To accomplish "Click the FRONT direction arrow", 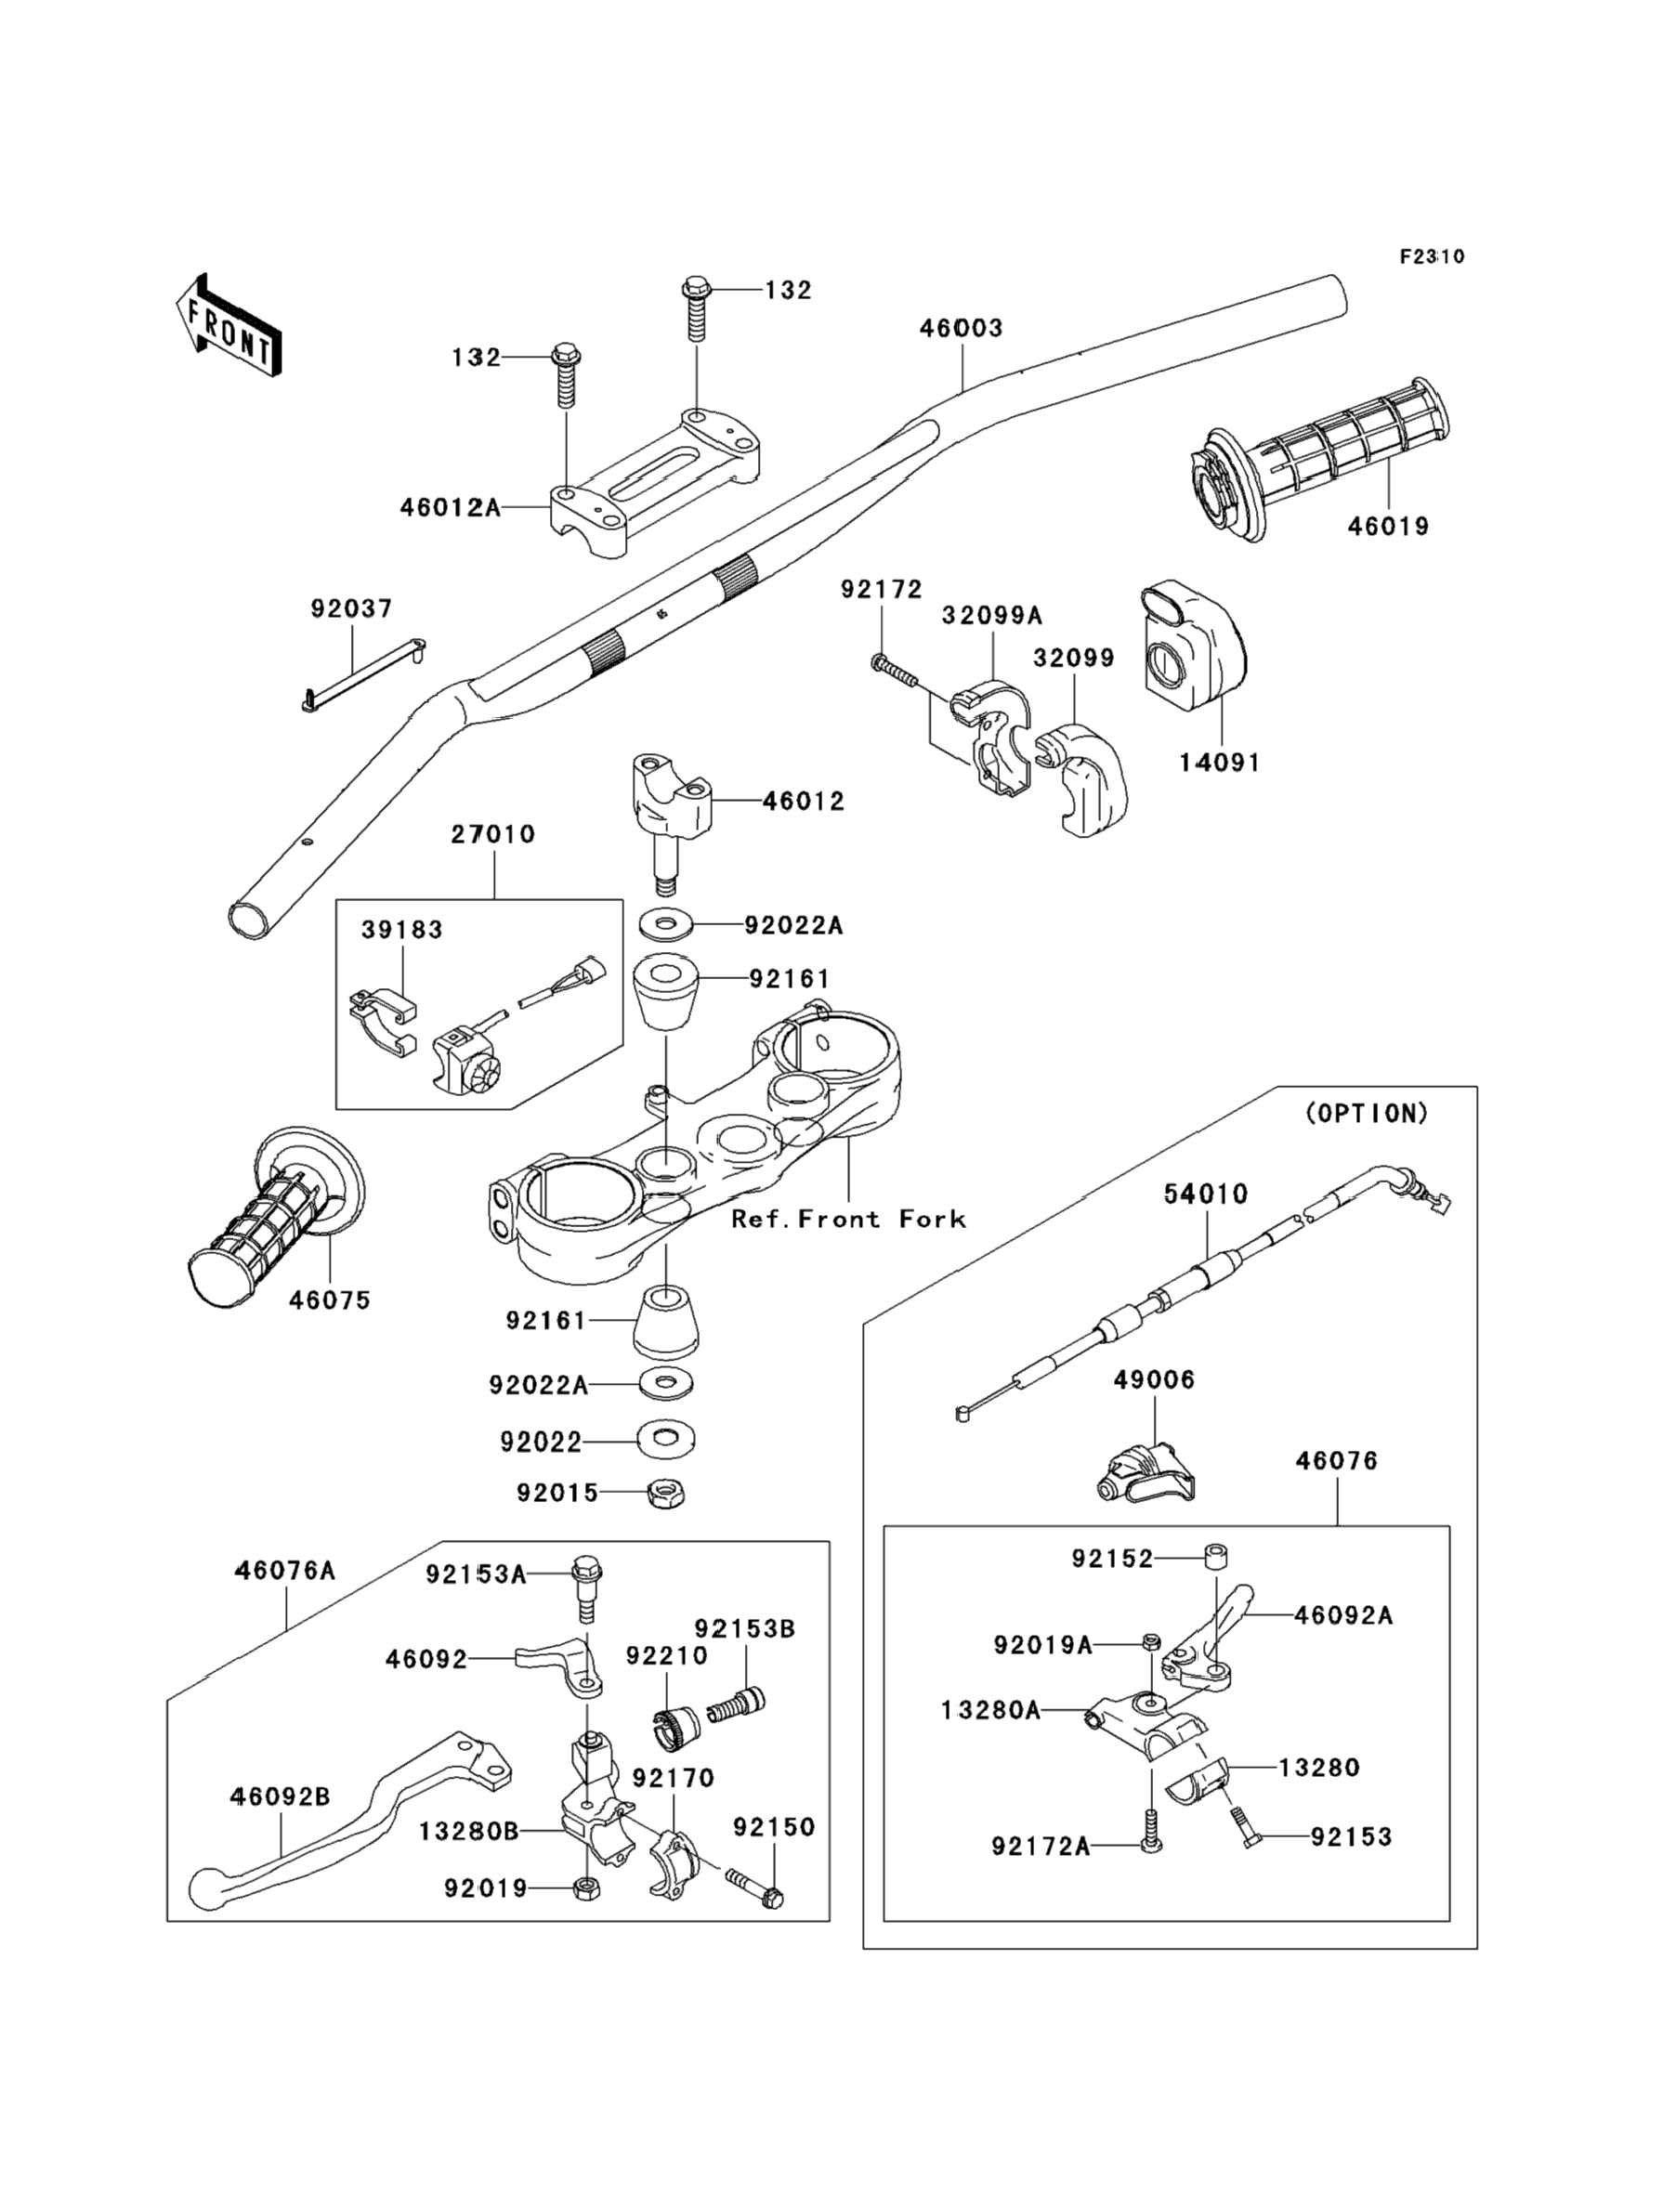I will tap(229, 326).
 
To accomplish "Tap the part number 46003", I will tap(961, 328).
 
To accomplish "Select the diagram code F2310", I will tap(1432, 256).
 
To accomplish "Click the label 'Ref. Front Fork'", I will tap(848, 1219).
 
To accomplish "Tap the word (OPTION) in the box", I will tap(1367, 1113).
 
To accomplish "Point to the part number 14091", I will tap(1219, 763).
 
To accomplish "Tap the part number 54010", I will tap(1206, 1194).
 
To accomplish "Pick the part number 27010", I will tap(492, 834).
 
